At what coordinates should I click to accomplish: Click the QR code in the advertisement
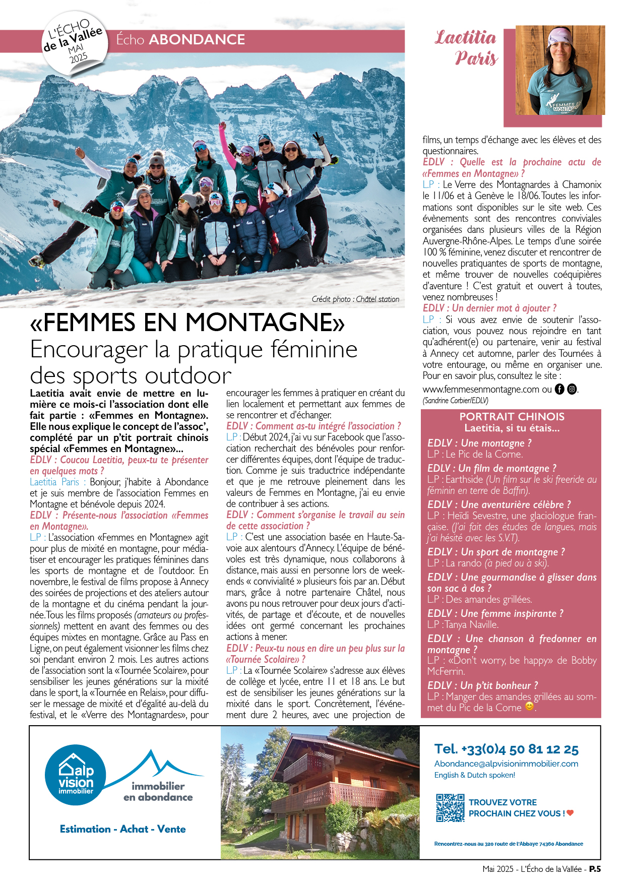point(450,807)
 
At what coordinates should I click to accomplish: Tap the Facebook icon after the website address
point(559,389)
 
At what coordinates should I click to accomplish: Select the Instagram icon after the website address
point(572,389)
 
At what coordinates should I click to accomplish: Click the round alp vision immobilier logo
point(76,775)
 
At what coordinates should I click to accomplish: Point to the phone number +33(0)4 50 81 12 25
point(506,749)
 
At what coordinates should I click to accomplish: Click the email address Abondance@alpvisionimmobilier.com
point(506,764)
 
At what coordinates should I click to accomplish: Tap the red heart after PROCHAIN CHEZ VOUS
point(570,813)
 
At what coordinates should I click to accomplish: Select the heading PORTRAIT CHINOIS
point(512,417)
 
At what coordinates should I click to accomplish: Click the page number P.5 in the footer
point(595,869)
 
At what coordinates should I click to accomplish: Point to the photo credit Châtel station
point(355,299)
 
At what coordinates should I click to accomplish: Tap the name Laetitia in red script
point(465,38)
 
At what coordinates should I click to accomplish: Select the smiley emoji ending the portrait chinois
point(529,707)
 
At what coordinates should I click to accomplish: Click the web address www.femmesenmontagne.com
point(481,389)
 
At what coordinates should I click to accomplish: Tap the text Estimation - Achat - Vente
point(122,829)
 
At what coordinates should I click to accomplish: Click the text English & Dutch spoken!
point(474,775)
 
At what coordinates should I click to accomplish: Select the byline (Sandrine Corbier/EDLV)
point(455,401)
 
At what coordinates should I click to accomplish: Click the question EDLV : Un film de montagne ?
point(491,468)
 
